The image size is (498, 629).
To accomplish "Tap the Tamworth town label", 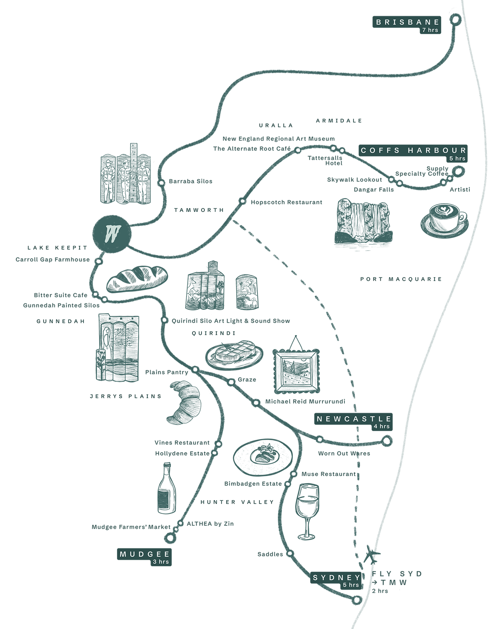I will tap(199, 210).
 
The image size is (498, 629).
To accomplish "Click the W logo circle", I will tap(112, 234).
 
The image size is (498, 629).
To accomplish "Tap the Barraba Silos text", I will tap(190, 181).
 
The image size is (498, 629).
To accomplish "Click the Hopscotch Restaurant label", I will tap(286, 202).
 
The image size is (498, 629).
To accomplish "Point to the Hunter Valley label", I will tap(237, 502).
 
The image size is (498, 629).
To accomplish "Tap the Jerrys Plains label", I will tap(125, 396).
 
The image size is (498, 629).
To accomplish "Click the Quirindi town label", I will tap(213, 333).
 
